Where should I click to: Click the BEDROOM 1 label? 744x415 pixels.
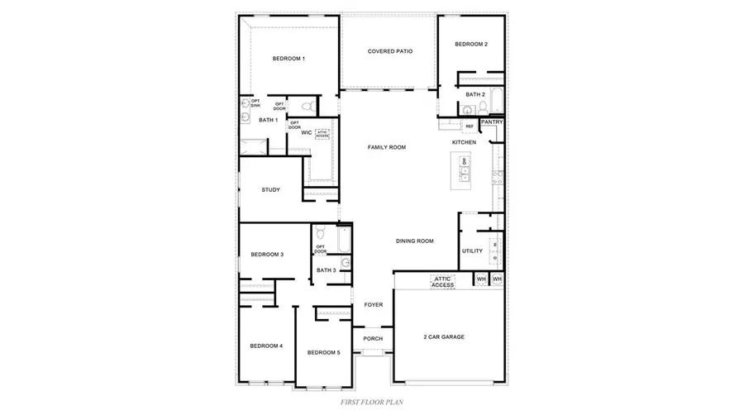[x=289, y=59]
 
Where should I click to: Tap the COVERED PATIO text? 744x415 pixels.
[x=390, y=51]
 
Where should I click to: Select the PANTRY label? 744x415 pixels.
[x=492, y=122]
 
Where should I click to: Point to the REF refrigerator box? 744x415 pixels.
[x=470, y=126]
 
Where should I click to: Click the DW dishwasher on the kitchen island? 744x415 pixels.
[x=465, y=160]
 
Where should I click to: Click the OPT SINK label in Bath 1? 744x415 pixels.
[x=255, y=103]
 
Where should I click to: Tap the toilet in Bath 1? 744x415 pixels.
[x=306, y=107]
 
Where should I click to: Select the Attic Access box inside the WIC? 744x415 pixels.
[x=322, y=134]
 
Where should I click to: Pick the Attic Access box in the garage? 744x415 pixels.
[x=442, y=281]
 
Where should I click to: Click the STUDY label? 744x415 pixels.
[x=270, y=189]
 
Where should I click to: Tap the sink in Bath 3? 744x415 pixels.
[x=346, y=262]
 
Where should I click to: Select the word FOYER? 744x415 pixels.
[x=374, y=305]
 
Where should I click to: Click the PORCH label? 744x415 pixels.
[x=374, y=337]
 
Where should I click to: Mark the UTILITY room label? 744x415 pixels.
[x=472, y=250]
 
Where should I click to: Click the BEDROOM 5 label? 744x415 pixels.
[x=323, y=352]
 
